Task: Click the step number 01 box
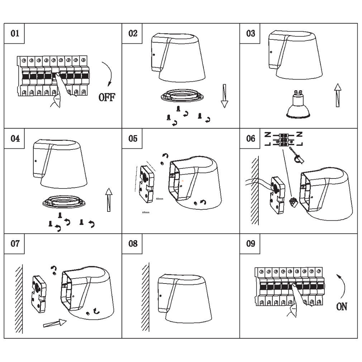[15, 34]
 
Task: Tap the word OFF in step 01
[107, 97]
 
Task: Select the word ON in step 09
[342, 306]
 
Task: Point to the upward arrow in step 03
[337, 95]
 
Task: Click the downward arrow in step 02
[224, 96]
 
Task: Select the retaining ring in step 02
[181, 96]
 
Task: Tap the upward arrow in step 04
[108, 201]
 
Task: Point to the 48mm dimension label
[159, 199]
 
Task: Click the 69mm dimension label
[146, 212]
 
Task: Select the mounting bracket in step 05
[146, 183]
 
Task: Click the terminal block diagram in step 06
[283, 139]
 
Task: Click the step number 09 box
[251, 244]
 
